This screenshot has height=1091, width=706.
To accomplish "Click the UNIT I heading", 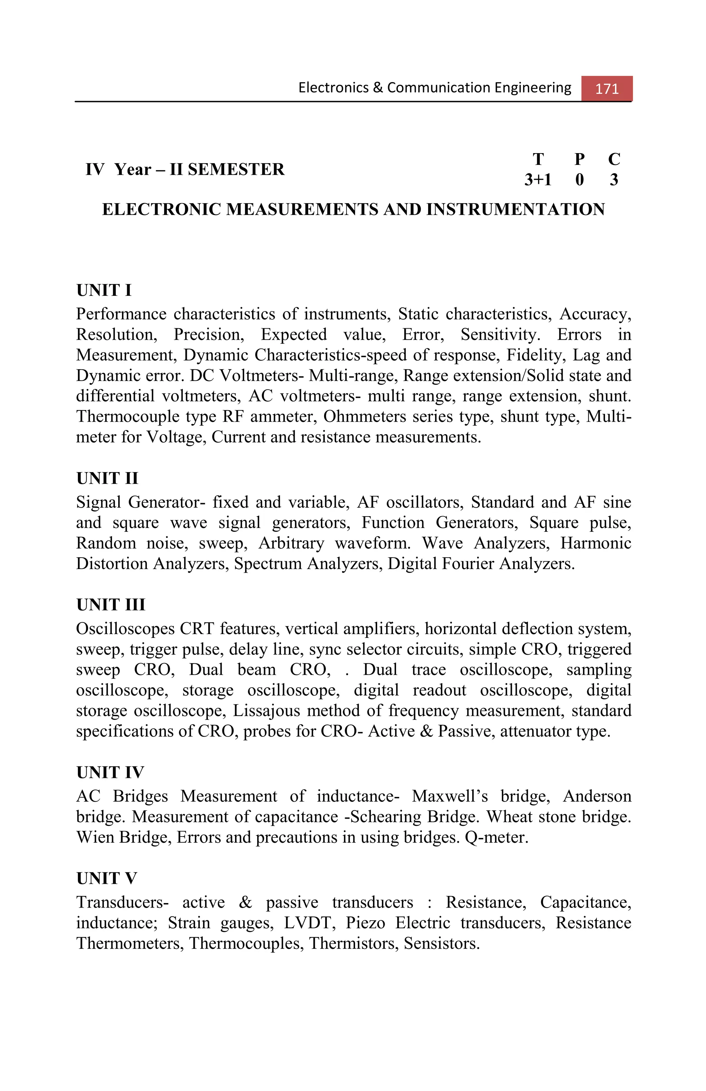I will [104, 290].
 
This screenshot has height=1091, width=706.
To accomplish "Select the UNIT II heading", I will [107, 478].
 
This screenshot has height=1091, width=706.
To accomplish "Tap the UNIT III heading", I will [110, 604].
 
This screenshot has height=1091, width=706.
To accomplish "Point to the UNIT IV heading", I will [110, 772].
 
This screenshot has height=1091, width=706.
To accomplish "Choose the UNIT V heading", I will [106, 878].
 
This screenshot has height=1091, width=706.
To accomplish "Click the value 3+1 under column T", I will [538, 179].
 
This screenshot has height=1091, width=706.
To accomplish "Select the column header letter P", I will [579, 159].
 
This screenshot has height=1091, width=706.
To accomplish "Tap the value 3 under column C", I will [614, 179].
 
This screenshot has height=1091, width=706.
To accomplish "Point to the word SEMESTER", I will [236, 169].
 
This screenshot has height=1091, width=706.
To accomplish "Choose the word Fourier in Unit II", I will [468, 563].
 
